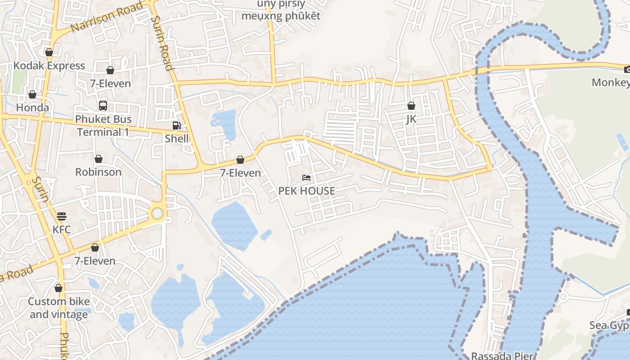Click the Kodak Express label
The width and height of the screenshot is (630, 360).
tap(49, 66)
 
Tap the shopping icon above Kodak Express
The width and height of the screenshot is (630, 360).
tap(49, 52)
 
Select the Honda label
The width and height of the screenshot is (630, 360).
tap(32, 108)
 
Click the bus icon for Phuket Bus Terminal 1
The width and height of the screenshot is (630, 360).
tap(103, 106)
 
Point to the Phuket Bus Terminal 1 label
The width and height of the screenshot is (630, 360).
tap(104, 126)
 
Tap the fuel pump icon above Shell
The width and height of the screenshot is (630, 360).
tap(177, 126)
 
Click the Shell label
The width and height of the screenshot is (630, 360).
tap(177, 139)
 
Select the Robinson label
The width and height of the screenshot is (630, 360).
tap(98, 172)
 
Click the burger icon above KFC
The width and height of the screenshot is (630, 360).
tap(62, 216)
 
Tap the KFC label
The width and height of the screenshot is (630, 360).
tap(62, 229)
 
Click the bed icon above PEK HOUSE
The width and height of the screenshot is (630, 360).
tap(306, 178)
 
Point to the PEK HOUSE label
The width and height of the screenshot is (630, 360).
tap(306, 191)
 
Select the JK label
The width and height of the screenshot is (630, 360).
tap(411, 119)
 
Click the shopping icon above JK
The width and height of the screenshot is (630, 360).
tap(411, 106)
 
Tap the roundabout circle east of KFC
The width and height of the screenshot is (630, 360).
tap(157, 213)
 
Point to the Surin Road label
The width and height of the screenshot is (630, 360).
tap(162, 43)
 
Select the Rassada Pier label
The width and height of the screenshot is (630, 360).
tap(502, 355)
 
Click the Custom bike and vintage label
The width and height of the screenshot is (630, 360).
tap(59, 308)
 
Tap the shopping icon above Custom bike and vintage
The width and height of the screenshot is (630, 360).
tap(58, 288)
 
